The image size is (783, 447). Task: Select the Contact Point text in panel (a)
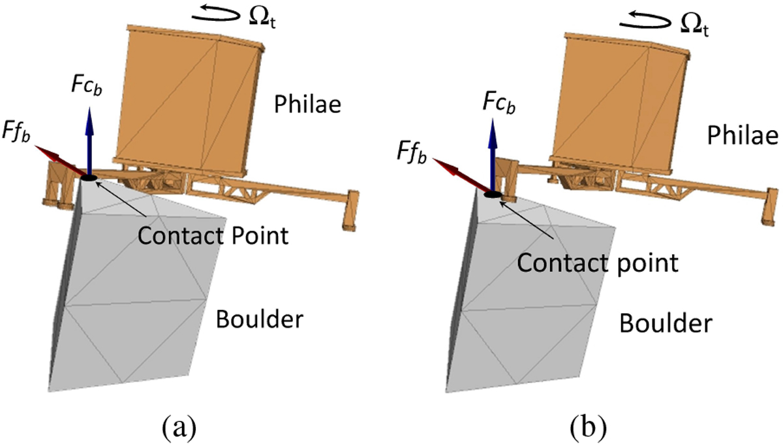coord(213,235)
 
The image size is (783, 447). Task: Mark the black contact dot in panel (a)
coord(89,177)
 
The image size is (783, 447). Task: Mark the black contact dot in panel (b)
coord(493,194)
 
